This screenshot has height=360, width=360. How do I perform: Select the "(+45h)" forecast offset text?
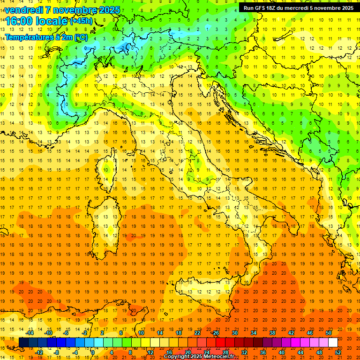click(81, 22)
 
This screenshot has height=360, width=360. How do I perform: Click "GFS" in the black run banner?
click(259, 8)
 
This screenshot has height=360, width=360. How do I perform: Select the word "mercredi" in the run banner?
click(298, 8)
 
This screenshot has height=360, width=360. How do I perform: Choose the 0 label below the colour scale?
click(93, 352)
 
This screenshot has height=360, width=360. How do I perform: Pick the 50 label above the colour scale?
click(329, 333)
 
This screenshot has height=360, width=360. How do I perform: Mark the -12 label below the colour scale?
click(39, 352)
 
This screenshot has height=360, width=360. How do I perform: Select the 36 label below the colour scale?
click(263, 352)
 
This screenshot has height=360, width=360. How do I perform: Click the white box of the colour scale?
click(333, 343)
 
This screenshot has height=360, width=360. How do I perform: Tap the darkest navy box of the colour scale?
click(23, 343)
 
